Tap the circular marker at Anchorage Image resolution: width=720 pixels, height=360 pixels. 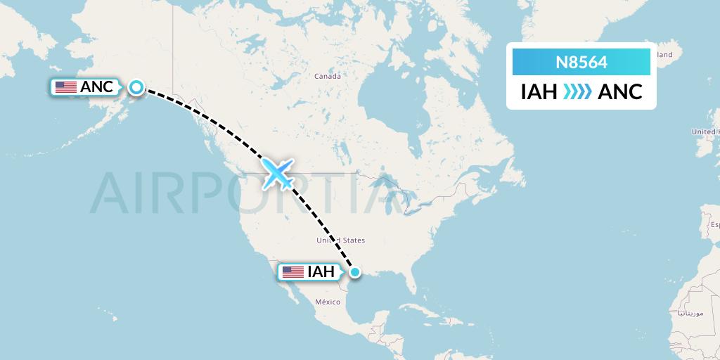coord(136,87)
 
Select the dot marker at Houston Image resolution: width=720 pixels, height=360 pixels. coord(355,271)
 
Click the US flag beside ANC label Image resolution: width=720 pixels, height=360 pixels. coord(65,87)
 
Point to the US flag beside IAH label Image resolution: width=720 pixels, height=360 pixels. coord(292,271)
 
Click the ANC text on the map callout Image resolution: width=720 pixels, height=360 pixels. coord(96,87)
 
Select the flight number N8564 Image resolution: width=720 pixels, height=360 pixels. coord(581,62)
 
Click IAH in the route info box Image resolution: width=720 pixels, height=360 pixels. coord(539,92)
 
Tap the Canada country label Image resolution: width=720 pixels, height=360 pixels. coord(327,76)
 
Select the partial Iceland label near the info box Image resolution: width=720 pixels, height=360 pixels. coord(664,54)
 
